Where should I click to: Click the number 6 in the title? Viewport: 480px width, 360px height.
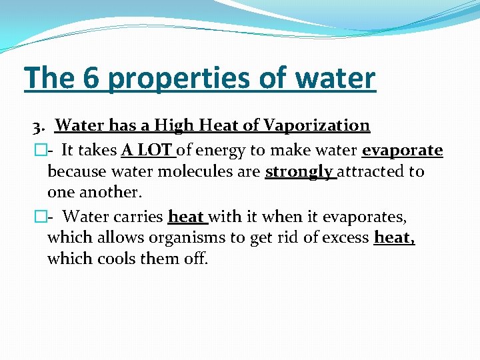[x=92, y=78]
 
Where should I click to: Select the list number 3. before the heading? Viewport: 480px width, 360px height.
[x=41, y=125]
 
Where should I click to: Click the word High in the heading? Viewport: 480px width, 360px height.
[x=173, y=125]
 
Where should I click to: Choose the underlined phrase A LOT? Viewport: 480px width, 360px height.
[x=146, y=151]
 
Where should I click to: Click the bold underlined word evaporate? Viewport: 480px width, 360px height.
[x=403, y=151]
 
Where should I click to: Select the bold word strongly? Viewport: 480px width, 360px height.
[x=299, y=172]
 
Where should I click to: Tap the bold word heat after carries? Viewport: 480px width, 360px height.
[x=186, y=217]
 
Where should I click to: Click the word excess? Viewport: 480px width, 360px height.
[x=345, y=238]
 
